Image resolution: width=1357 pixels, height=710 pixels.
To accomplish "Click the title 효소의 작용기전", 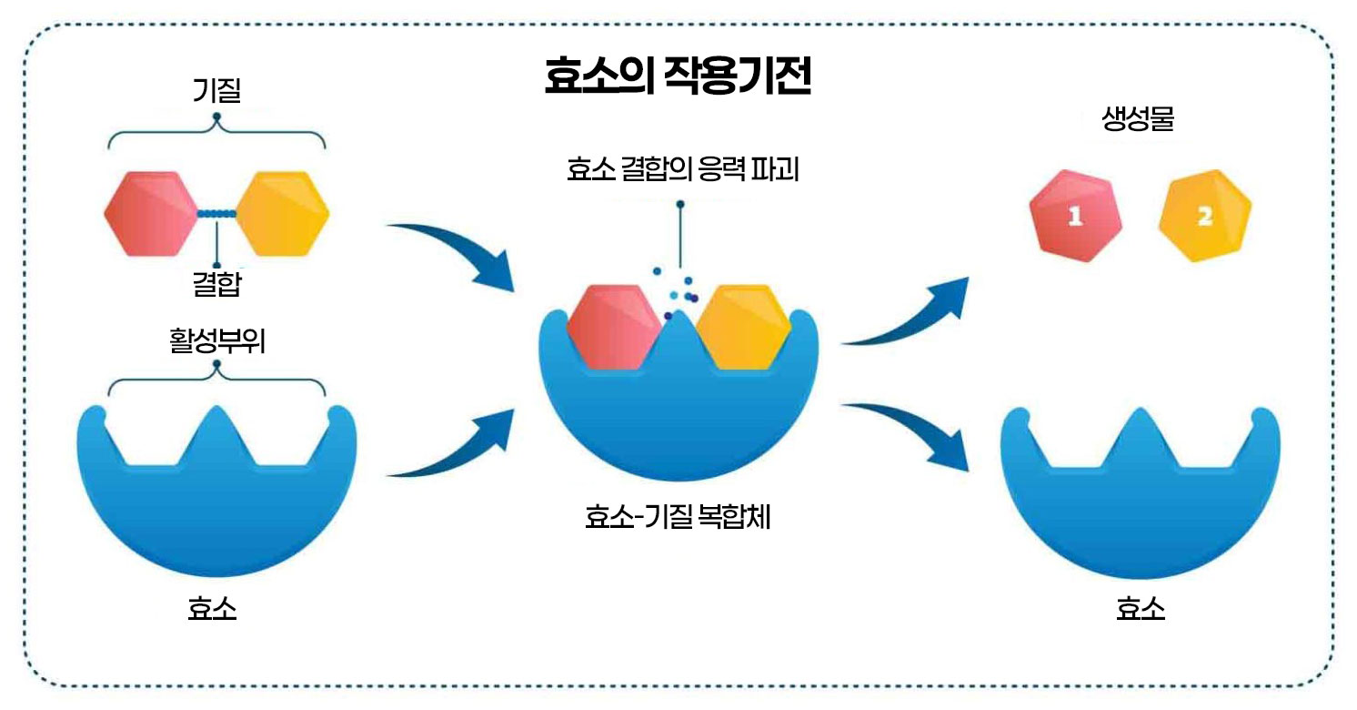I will (678, 77).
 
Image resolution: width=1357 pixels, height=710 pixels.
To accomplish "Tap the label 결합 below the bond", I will (216, 285).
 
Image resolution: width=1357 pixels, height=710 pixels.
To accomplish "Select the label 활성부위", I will (216, 345).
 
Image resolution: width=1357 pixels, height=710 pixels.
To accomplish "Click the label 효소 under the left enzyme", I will (213, 608).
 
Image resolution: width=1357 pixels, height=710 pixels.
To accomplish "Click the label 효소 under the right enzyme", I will (1141, 608).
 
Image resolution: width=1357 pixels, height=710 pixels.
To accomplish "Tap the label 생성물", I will (1138, 121).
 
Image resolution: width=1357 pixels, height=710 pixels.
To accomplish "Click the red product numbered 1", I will (1075, 218).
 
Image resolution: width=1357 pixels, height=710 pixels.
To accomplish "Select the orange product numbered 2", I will (1205, 218).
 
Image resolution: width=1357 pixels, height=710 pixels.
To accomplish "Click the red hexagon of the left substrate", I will (151, 213).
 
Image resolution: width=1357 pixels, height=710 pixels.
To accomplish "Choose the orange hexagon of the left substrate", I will (283, 213).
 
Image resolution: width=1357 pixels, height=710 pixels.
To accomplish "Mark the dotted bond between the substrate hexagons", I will (217, 214).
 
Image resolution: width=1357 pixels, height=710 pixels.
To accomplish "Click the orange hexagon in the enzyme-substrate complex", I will (748, 326).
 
